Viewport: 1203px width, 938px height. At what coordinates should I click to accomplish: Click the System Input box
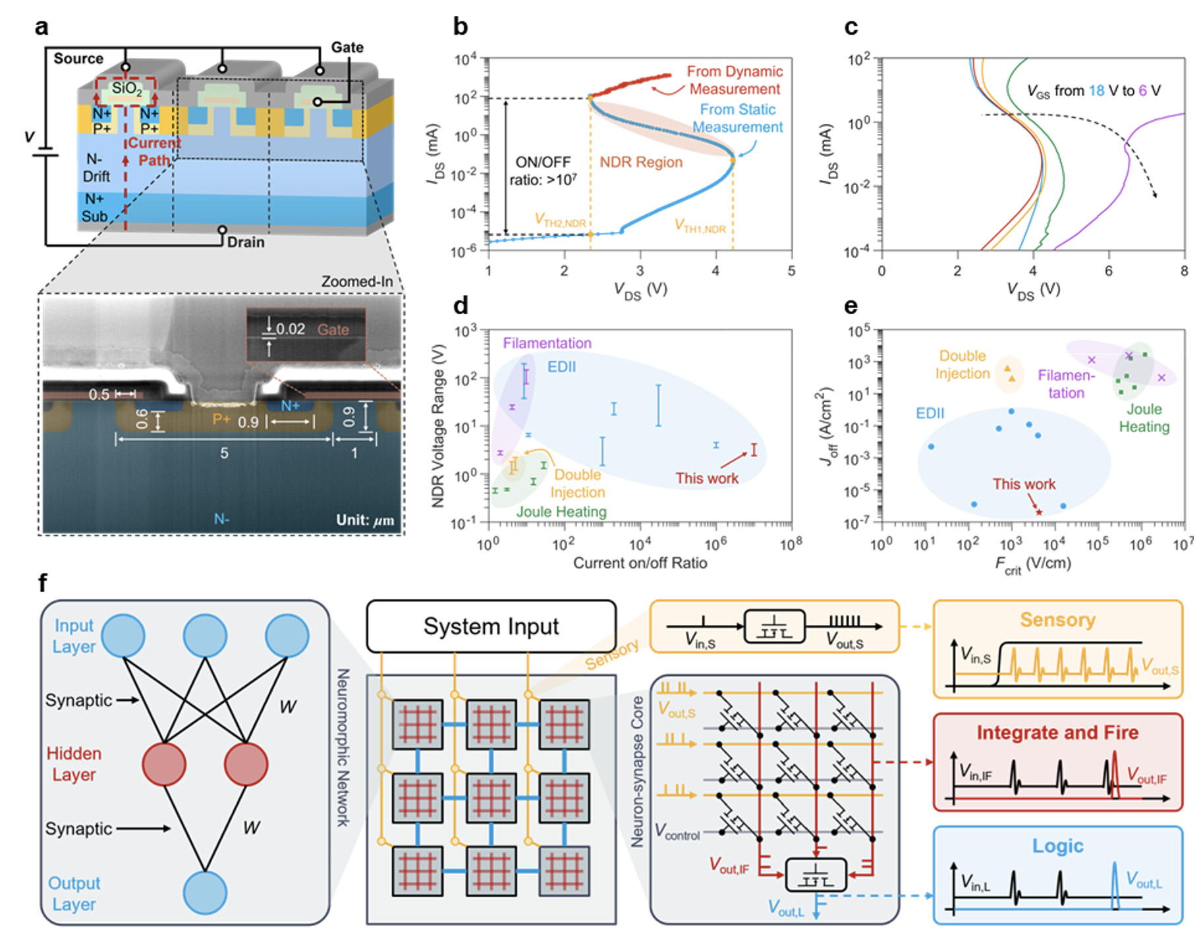click(x=491, y=626)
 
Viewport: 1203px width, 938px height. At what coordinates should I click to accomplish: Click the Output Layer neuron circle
click(x=205, y=893)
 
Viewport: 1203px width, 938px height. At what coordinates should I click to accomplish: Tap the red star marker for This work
click(x=1039, y=512)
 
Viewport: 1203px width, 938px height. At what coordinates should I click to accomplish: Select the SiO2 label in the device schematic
click(x=126, y=88)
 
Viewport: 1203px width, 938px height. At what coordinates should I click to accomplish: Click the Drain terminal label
click(x=246, y=242)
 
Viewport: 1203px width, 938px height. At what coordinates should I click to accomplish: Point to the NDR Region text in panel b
click(x=640, y=162)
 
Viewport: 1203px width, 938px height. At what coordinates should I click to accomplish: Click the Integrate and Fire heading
click(x=1057, y=732)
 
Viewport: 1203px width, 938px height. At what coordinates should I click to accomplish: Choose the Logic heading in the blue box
click(x=1057, y=846)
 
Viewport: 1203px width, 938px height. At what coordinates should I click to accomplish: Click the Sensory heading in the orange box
click(x=1057, y=620)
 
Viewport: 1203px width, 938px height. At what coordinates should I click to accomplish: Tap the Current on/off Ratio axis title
click(x=640, y=563)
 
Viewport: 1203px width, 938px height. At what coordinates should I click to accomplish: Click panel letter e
click(x=851, y=306)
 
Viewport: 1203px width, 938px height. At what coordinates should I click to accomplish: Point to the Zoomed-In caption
click(x=356, y=281)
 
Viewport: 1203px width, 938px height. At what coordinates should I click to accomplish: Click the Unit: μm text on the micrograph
click(x=365, y=520)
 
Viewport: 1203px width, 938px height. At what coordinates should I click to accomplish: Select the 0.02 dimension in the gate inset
click(x=290, y=329)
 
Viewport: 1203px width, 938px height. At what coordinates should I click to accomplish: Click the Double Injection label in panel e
click(x=963, y=364)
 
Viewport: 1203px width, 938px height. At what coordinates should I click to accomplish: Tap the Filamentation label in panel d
click(x=547, y=343)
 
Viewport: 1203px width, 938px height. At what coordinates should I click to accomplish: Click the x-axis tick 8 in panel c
click(x=1184, y=271)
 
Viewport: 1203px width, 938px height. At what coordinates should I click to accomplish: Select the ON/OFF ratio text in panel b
click(x=543, y=171)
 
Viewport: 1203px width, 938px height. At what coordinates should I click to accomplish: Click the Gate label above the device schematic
click(x=347, y=47)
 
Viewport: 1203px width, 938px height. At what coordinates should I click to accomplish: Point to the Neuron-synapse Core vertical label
click(x=637, y=771)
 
